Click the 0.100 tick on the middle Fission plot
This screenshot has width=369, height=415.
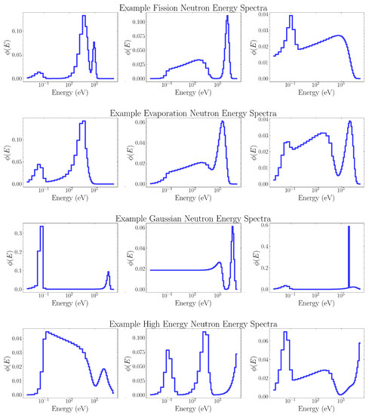click(137, 22)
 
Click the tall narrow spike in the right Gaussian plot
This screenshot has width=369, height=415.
click(349, 230)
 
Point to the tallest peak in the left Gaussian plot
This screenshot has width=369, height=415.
click(42, 228)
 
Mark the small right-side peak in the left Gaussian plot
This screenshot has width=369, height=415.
click(108, 273)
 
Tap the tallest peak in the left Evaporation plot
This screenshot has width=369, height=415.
click(83, 122)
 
